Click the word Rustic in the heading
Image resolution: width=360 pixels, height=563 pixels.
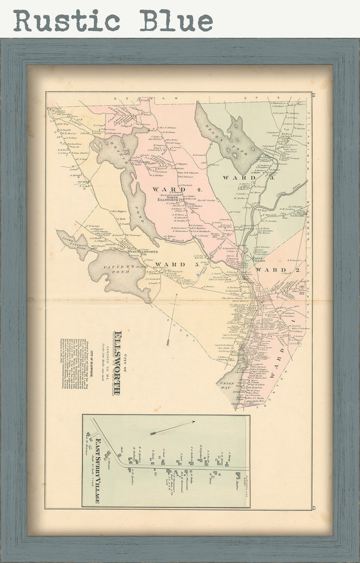coord(67,20)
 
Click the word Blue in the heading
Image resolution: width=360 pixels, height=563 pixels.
coord(176,20)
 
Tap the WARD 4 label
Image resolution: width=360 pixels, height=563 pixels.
coord(170,189)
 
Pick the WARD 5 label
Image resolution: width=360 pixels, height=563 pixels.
coord(170,264)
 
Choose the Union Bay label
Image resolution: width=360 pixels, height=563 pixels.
coord(226,385)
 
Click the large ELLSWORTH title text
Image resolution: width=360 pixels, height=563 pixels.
coord(117,363)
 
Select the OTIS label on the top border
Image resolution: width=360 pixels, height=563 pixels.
coord(251,98)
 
